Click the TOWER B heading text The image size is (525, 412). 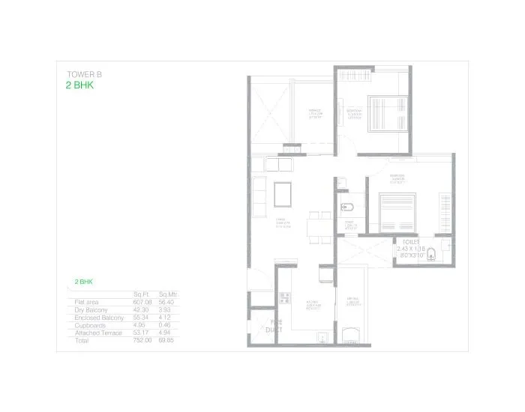click(x=84, y=75)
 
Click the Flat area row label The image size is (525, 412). click(x=88, y=301)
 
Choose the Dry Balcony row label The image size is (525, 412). click(x=91, y=309)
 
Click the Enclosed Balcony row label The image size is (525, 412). click(x=98, y=318)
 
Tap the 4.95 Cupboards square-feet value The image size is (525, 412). click(x=142, y=326)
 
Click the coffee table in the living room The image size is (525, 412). click(x=283, y=193)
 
